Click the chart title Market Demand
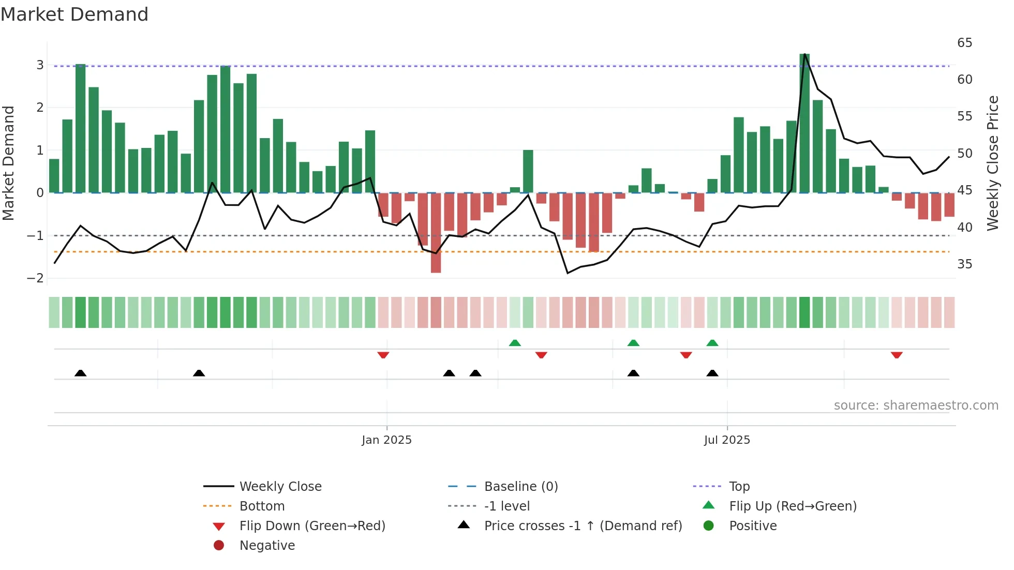[74, 14]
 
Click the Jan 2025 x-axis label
[386, 440]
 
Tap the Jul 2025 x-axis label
[726, 440]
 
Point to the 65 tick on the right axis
[964, 43]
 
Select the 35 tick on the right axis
[964, 264]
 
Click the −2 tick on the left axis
[35, 278]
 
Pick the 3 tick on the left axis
[40, 65]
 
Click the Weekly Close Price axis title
[992, 163]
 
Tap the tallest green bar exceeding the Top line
[804, 124]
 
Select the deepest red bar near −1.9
[436, 233]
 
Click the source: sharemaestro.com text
[916, 406]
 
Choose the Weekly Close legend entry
[280, 487]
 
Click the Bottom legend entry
[262, 506]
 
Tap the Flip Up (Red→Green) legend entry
[793, 506]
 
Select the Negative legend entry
[267, 546]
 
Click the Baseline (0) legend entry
[520, 487]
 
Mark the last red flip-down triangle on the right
[897, 355]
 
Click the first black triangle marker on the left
[80, 373]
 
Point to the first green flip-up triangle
[515, 343]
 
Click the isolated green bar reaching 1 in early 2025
[528, 172]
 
